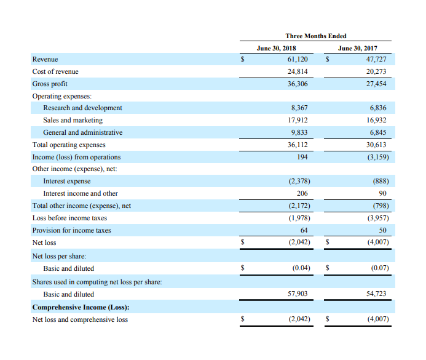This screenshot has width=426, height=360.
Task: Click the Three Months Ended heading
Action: pyautogui.click(x=316, y=36)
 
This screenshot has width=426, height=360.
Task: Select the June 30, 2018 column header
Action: pyautogui.click(x=276, y=48)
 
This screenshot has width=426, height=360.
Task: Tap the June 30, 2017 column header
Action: pyautogui.click(x=358, y=48)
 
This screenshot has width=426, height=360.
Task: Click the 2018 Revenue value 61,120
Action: pyautogui.click(x=298, y=59)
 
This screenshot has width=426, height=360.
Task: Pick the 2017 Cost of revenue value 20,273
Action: pyautogui.click(x=376, y=71)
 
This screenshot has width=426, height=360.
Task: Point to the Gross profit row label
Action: pyautogui.click(x=50, y=84)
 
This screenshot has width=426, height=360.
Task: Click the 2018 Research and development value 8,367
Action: pyautogui.click(x=299, y=108)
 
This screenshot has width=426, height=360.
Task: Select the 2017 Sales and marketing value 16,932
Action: pyautogui.click(x=376, y=120)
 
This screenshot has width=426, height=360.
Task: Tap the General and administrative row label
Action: pyautogui.click(x=82, y=132)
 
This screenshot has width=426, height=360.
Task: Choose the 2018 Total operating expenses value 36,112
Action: pyautogui.click(x=298, y=145)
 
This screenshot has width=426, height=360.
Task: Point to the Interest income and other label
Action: pyautogui.click(x=81, y=193)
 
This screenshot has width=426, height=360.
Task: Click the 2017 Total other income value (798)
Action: pyautogui.click(x=381, y=206)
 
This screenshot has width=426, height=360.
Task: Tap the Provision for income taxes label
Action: pyautogui.click(x=71, y=230)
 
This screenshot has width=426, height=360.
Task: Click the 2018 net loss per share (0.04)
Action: pyautogui.click(x=301, y=268)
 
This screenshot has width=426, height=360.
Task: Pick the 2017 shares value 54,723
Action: pyautogui.click(x=376, y=294)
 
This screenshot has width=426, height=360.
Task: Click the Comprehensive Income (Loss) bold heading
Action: pyautogui.click(x=81, y=307)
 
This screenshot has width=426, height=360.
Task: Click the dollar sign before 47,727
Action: pyautogui.click(x=328, y=59)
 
